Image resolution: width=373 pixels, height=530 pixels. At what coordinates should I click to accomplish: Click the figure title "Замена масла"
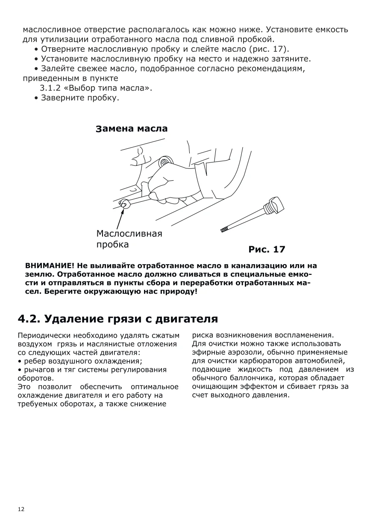(132, 129)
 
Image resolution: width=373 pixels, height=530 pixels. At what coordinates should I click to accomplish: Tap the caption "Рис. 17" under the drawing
(267, 249)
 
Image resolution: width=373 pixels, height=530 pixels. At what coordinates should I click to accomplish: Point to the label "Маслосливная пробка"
(129, 239)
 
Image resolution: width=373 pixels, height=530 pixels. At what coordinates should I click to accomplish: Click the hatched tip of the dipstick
(223, 230)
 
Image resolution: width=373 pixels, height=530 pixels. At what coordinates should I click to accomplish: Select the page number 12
(21, 509)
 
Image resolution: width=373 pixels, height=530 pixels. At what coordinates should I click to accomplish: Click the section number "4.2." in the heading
(29, 318)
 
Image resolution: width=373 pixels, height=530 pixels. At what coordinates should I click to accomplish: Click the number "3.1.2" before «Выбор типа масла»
(50, 88)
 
